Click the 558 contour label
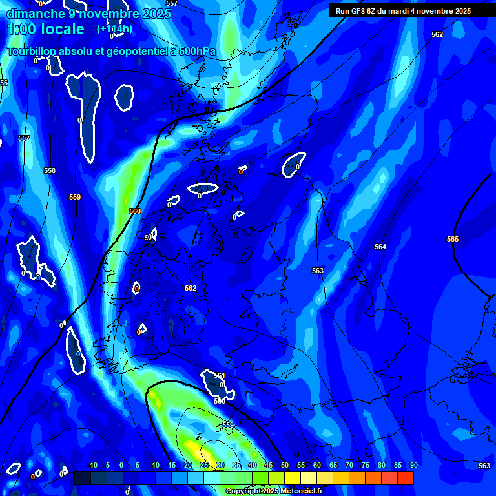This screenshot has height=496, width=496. pos(50,170)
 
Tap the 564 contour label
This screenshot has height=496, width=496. pos(380,247)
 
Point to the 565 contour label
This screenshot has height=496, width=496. pos(453,239)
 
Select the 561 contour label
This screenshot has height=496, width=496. pos(220,375)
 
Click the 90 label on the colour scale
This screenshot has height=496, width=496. pos(413,466)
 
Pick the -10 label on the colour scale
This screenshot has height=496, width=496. pos(92,466)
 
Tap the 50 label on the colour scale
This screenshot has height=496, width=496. pos(285,466)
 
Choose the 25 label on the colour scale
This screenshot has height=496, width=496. pos(204,466)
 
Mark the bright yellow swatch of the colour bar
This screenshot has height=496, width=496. pos(292,478)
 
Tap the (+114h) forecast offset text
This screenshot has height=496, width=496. pos(115,29)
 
